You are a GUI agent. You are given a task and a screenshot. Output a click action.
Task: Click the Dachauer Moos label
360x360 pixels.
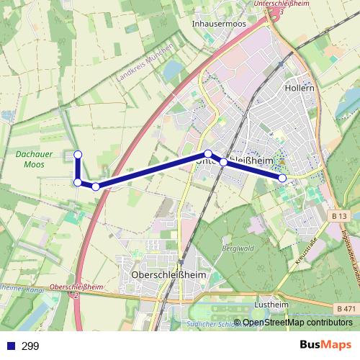pyautogui.click(x=30, y=159)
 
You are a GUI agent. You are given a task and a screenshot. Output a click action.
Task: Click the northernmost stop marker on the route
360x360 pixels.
pyautogui.click(x=78, y=154)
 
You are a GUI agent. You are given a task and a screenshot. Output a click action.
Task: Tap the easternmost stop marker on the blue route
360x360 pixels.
pyautogui.click(x=282, y=177)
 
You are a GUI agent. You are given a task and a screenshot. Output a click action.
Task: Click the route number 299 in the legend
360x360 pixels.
pyautogui.click(x=30, y=346)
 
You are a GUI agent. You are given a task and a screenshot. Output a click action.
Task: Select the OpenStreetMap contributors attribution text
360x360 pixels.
pyautogui.click(x=297, y=323)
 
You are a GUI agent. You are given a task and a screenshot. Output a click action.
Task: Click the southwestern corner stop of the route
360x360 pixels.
pyautogui.click(x=77, y=182)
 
